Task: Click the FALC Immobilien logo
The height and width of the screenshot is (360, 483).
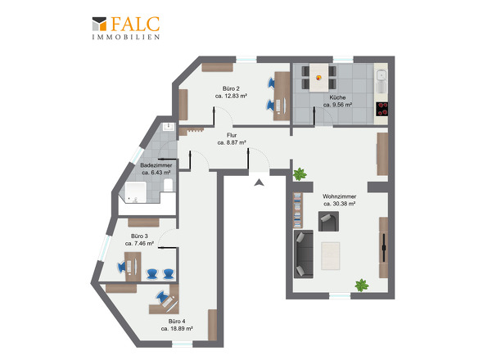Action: click(x=126, y=28)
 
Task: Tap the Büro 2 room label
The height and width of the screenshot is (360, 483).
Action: click(x=231, y=88)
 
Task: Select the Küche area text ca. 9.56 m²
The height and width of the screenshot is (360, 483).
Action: click(x=337, y=105)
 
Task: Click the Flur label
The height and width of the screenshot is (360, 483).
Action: click(x=232, y=135)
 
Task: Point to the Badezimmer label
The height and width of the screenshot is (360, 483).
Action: click(x=156, y=165)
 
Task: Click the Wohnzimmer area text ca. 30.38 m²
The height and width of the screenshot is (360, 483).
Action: click(x=340, y=204)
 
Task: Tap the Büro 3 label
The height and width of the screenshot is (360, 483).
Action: click(x=139, y=236)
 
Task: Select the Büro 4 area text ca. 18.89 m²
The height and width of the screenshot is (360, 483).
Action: click(x=177, y=329)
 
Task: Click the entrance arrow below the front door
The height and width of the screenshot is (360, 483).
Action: click(x=260, y=183)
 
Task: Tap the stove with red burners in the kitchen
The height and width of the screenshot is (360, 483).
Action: click(x=382, y=109)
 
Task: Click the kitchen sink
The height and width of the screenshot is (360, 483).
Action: click(x=381, y=81)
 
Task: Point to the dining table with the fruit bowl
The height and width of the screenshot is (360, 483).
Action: click(x=318, y=78)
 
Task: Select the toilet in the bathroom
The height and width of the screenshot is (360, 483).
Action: click(x=168, y=185)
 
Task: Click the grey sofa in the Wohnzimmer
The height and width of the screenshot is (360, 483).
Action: click(x=304, y=254)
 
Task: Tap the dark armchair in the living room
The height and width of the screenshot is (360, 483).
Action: click(x=328, y=221)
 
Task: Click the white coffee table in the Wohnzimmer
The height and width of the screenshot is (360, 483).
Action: click(x=331, y=256)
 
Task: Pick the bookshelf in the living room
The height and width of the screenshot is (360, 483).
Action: click(x=297, y=210)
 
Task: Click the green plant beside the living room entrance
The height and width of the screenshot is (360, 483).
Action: click(x=300, y=174)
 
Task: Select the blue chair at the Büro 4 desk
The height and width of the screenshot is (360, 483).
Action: click(x=162, y=297)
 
